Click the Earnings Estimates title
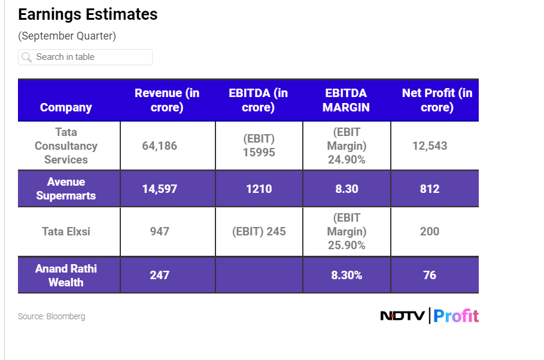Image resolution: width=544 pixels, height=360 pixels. (x=88, y=14)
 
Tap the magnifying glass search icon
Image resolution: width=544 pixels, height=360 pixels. (x=26, y=58)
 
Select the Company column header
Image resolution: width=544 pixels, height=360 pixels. (x=66, y=107)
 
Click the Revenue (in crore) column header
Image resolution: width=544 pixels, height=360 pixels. (x=167, y=100)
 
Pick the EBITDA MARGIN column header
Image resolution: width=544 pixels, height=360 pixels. (x=346, y=100)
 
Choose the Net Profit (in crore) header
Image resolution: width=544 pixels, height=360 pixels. (x=437, y=100)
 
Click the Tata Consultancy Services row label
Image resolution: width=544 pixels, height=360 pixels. (x=66, y=146)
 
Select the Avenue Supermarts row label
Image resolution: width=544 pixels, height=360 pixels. (x=66, y=189)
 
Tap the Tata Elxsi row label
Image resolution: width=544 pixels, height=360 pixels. (x=66, y=231)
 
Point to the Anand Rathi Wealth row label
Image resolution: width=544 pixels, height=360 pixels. (x=66, y=275)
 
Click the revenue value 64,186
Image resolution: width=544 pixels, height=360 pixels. (x=159, y=146)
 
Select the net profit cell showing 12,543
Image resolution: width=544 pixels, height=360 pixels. (x=430, y=146)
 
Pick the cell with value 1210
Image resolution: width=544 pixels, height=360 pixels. (x=259, y=189)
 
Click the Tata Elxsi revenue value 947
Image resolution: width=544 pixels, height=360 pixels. (x=159, y=231)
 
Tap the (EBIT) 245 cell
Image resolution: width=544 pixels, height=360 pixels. (x=259, y=231)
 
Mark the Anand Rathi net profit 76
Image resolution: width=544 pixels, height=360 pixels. (x=430, y=275)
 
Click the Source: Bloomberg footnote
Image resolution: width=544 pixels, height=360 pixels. (x=51, y=316)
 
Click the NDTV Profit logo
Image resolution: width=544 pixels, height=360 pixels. (x=430, y=316)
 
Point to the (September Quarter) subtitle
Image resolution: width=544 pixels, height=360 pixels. (x=67, y=36)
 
